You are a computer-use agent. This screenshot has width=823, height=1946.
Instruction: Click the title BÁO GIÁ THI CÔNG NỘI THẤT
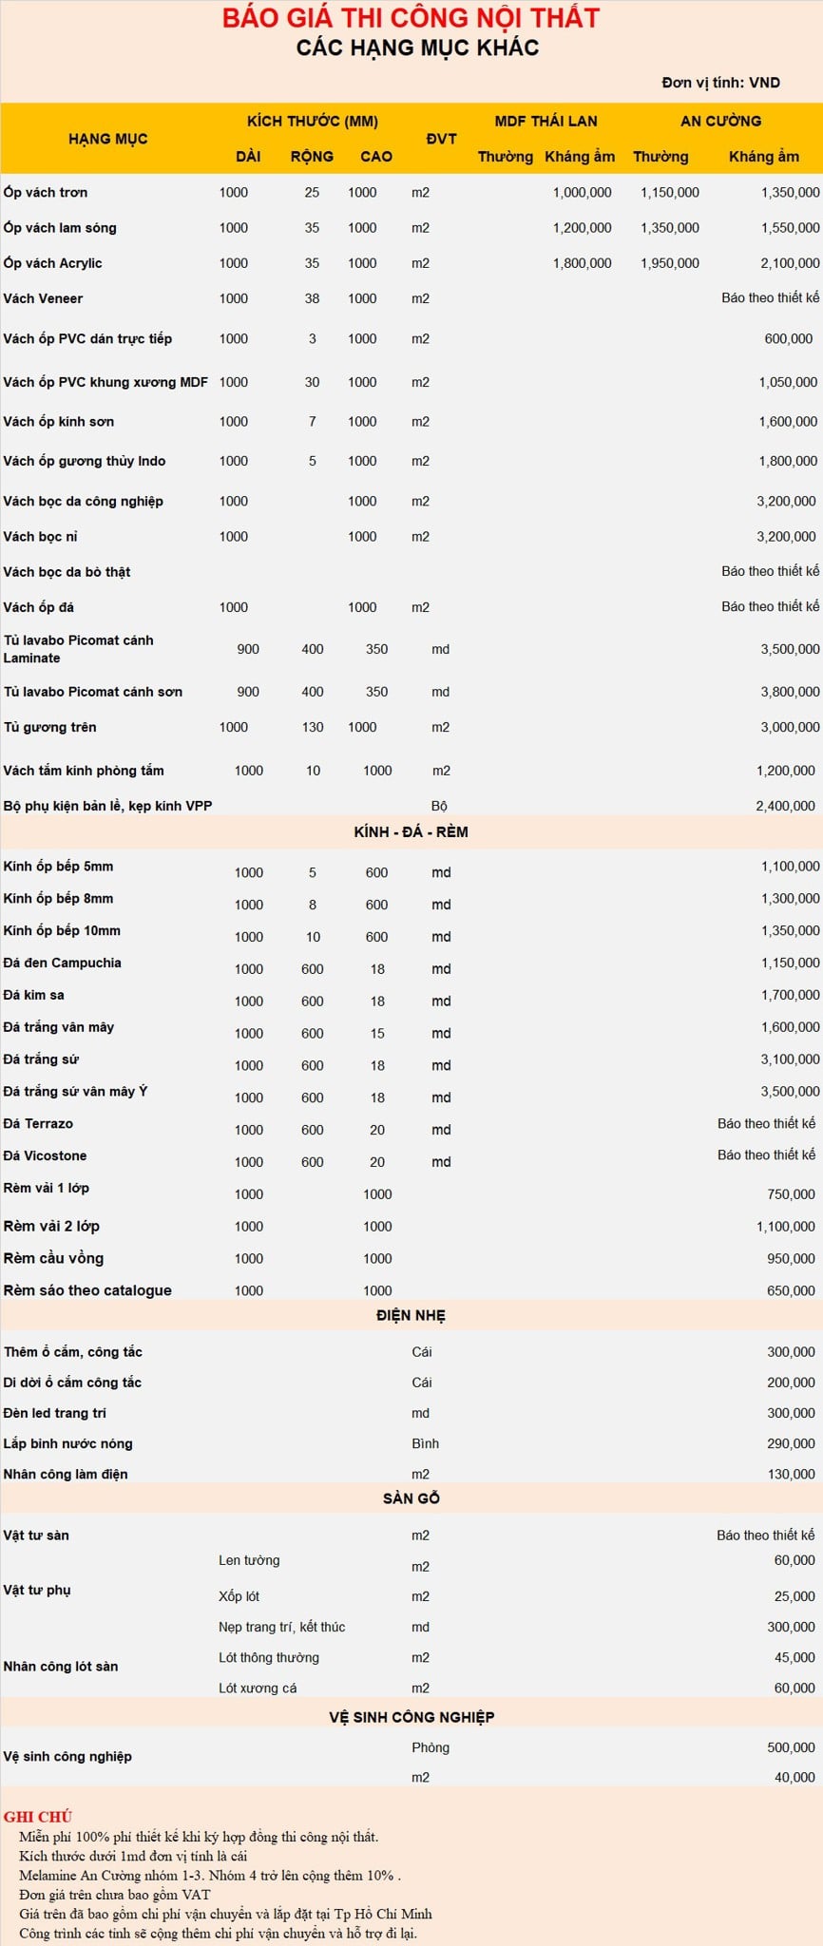point(411,18)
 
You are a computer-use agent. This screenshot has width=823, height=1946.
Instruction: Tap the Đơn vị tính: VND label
point(720,83)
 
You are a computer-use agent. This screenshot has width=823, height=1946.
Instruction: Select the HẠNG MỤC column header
point(107,139)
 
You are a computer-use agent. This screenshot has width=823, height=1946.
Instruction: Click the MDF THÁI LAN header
point(545,121)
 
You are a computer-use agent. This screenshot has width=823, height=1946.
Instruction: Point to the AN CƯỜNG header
point(720,121)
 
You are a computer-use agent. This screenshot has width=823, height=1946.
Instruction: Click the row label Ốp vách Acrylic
point(52,263)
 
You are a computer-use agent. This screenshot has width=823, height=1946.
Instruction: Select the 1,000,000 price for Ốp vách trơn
point(582,192)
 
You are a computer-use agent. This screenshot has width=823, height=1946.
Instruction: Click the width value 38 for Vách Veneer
point(312,298)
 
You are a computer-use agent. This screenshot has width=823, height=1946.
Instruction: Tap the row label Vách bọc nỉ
point(40,536)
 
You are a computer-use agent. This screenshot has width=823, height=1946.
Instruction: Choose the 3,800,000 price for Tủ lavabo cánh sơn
point(789,692)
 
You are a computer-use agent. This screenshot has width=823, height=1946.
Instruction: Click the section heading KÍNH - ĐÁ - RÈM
point(411,831)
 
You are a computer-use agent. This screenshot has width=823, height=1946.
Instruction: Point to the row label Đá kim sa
point(34,995)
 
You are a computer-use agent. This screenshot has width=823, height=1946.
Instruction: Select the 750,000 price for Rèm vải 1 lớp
point(791,1194)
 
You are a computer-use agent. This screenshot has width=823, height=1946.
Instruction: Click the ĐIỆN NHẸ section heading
point(411,1315)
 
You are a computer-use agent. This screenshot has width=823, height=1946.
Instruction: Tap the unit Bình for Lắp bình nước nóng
point(425,1443)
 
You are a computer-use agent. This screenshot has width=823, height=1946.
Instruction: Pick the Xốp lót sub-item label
point(239,1596)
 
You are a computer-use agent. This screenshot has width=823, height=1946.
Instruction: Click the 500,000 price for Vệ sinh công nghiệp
point(791,1747)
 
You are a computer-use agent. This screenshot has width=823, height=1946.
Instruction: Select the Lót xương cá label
point(257,1688)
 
